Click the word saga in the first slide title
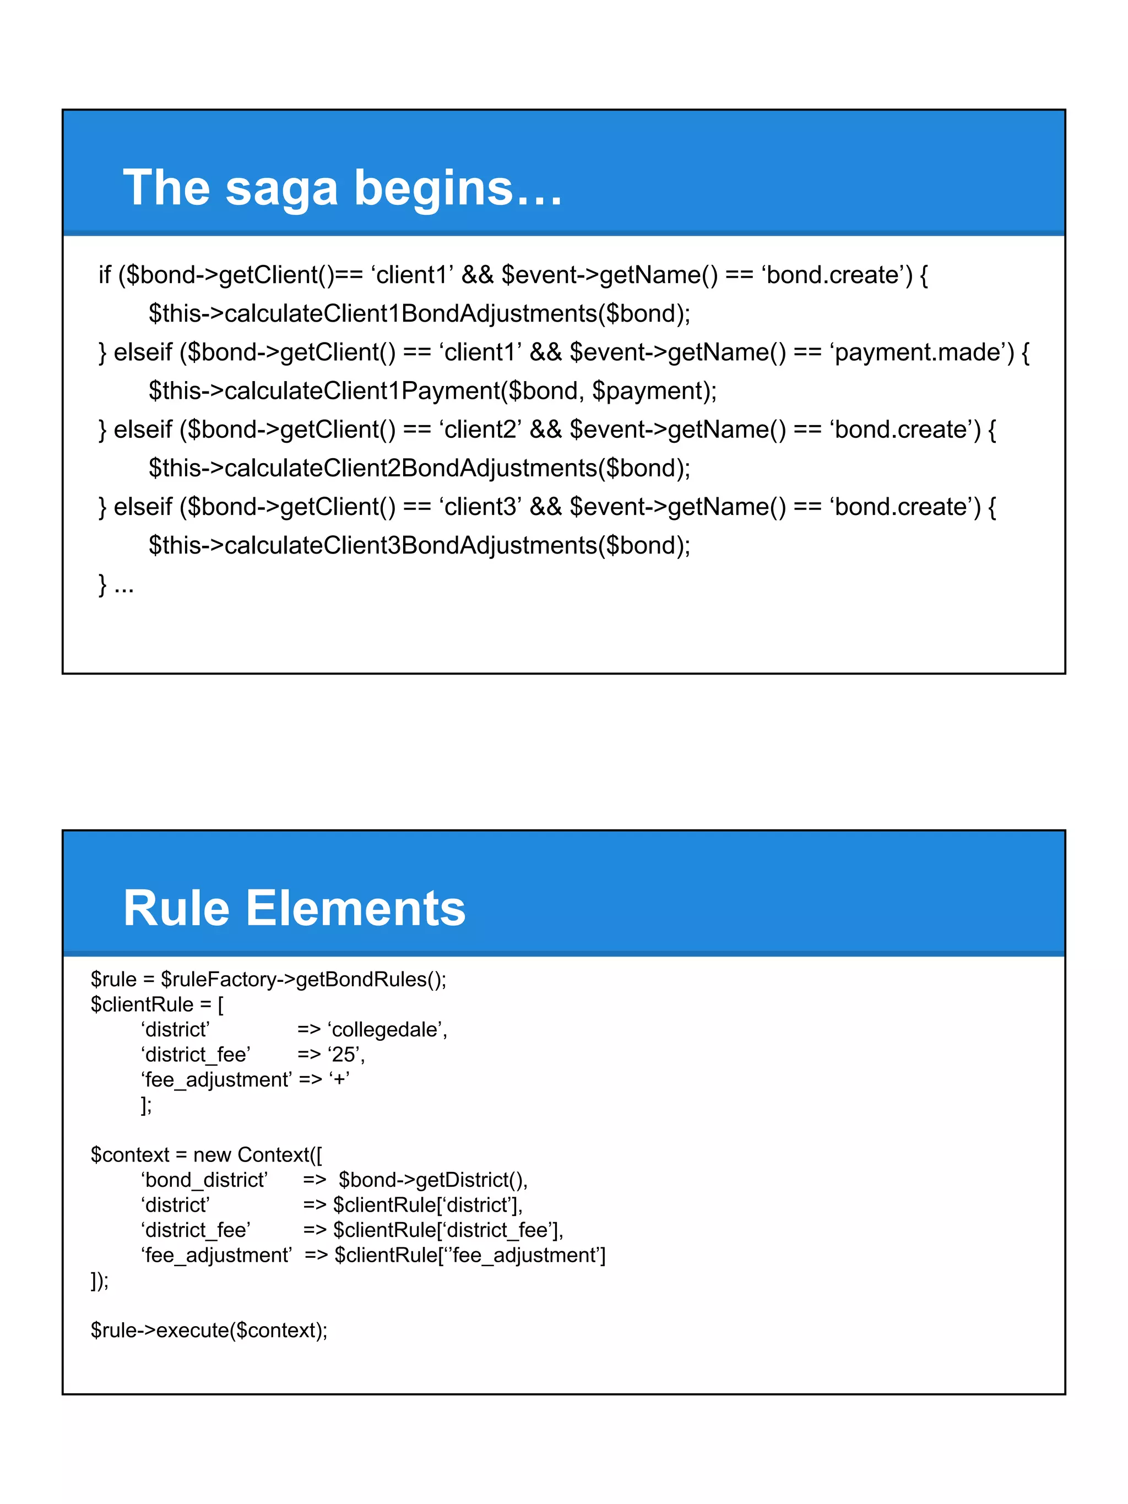(281, 188)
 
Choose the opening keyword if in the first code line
(104, 275)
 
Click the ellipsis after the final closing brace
(124, 585)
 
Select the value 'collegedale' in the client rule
(386, 1030)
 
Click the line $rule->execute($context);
(209, 1331)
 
